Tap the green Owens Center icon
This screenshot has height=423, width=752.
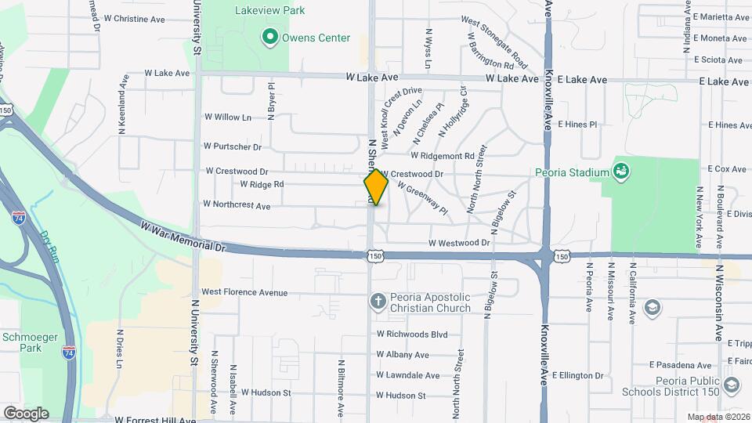[270, 37]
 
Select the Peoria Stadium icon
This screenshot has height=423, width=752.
[621, 170]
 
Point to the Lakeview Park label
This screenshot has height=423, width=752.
[270, 11]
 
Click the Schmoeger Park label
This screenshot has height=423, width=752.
[21, 342]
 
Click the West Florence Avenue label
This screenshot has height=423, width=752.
[244, 292]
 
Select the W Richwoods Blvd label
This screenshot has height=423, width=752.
[411, 334]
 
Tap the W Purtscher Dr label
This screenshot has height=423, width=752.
[232, 146]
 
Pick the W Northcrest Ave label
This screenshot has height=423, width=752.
[237, 204]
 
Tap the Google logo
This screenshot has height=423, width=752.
[26, 413]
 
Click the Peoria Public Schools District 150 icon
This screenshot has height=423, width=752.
[731, 385]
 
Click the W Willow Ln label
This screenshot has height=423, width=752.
[227, 117]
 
